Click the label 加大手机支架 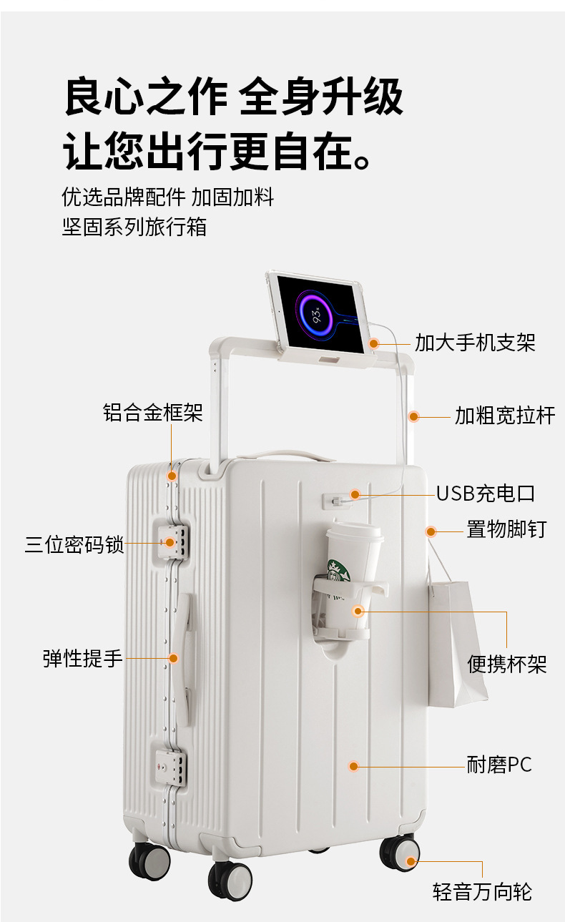coord(475,343)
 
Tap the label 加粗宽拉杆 coord(505,415)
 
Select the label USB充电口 coord(485,494)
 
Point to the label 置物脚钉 coord(506,529)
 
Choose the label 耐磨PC coord(499,765)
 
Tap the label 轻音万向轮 coord(482,892)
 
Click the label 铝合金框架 coord(153,413)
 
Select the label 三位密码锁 coord(74,544)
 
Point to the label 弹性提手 coord(83,658)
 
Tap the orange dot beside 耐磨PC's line coord(353,766)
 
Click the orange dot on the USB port coord(355,494)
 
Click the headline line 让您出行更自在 coord(218,149)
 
